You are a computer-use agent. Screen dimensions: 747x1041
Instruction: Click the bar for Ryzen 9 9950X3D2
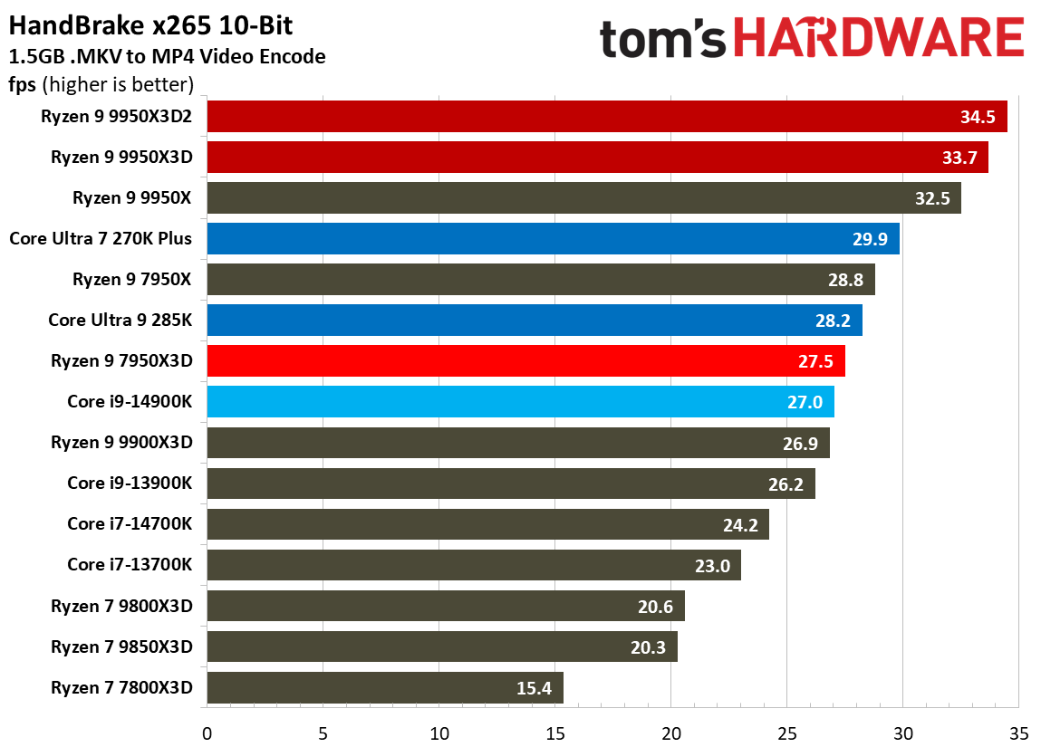tap(607, 116)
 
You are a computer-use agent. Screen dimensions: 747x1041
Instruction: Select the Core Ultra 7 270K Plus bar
tap(553, 239)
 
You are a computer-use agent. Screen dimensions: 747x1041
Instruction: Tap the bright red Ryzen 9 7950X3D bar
tap(525, 360)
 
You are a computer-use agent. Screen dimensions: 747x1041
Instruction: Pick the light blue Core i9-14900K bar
tap(520, 401)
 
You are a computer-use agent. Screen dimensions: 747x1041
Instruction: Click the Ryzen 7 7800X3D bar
tap(385, 688)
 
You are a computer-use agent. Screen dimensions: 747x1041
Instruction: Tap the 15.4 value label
tap(535, 688)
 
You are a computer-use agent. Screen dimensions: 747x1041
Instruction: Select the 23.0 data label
tap(712, 566)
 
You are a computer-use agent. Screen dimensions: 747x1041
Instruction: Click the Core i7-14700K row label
tap(130, 523)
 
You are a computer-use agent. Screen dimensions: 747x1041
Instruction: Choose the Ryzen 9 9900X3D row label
tap(122, 443)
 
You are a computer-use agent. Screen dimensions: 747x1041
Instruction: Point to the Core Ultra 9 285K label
tap(120, 320)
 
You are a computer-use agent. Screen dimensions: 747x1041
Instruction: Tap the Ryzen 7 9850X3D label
tap(122, 646)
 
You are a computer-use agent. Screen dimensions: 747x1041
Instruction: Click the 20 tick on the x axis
tap(670, 731)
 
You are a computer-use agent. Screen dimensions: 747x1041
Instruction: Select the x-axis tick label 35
tap(1018, 731)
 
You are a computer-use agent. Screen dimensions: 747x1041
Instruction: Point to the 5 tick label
tap(323, 731)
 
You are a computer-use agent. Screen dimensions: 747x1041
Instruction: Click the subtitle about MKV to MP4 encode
tap(167, 57)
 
